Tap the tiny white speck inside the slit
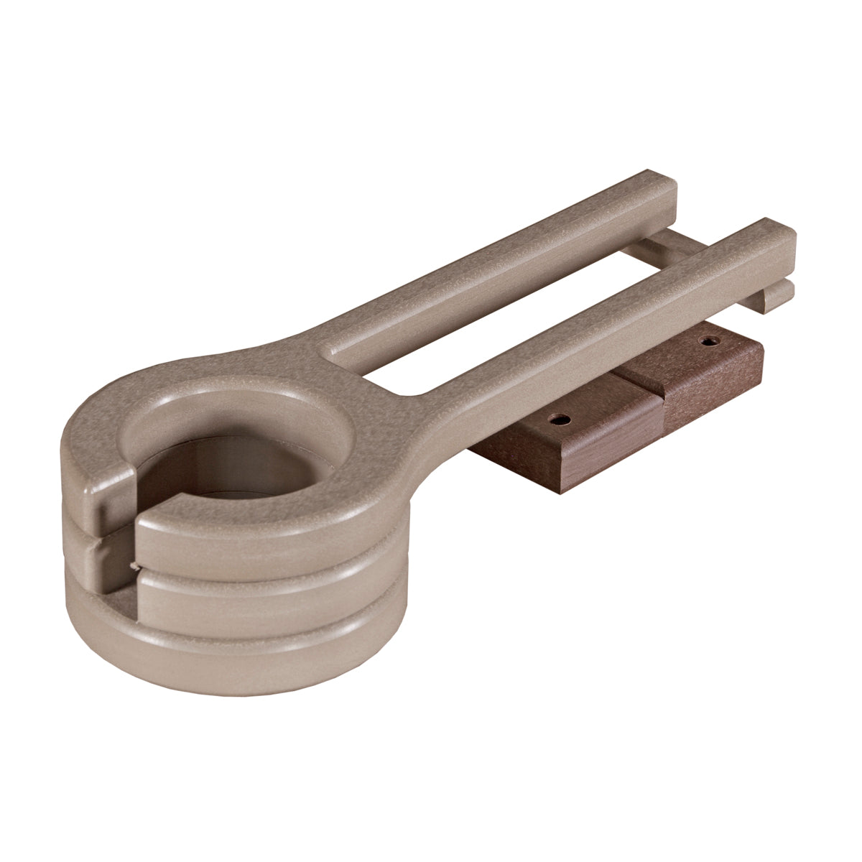pyautogui.click(x=131, y=567)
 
